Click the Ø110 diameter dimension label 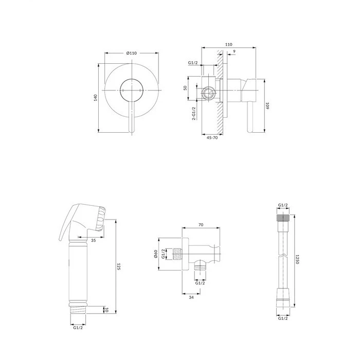[x=131, y=53]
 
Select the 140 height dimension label [x=96, y=98]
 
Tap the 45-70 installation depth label [x=212, y=138]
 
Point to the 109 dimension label [x=267, y=106]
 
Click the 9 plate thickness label [x=234, y=51]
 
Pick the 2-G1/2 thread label [x=194, y=114]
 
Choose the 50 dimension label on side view [x=185, y=88]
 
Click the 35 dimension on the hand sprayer [x=94, y=240]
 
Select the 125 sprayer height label [x=119, y=266]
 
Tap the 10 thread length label [x=106, y=310]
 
